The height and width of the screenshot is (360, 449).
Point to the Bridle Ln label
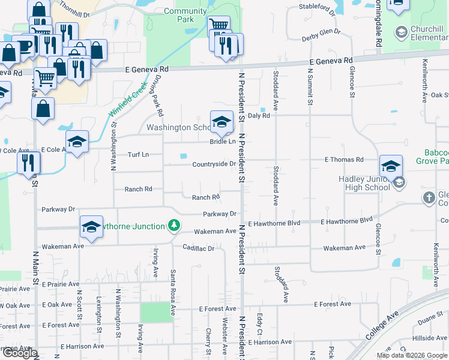(x=222, y=142)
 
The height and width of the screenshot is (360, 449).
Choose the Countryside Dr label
(x=214, y=164)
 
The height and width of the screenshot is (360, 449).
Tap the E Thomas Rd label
(x=344, y=160)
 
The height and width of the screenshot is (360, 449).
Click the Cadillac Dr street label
(x=199, y=248)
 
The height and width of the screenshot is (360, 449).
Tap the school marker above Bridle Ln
(x=221, y=122)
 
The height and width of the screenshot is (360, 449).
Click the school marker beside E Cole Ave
(x=77, y=142)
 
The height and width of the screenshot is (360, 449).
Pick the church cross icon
(x=429, y=197)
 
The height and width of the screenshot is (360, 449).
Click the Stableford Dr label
(x=318, y=8)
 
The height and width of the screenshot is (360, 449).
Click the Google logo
(x=20, y=353)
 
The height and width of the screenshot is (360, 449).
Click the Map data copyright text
(x=412, y=355)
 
